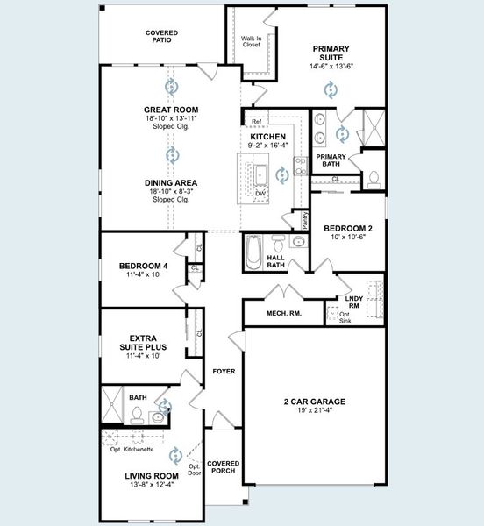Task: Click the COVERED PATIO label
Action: [x=161, y=37]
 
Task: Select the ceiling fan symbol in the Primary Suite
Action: [x=331, y=89]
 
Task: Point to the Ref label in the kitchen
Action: [x=256, y=121]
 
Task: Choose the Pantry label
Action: [x=304, y=219]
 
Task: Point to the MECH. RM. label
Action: [x=278, y=313]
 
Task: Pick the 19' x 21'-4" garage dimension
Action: [x=314, y=411]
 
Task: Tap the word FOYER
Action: [x=224, y=372]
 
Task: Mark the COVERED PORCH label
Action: [x=224, y=467]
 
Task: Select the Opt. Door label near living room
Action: [x=195, y=470]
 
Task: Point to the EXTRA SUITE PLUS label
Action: [x=142, y=342]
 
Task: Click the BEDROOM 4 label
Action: [x=143, y=266]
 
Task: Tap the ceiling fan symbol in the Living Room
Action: [x=175, y=454]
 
